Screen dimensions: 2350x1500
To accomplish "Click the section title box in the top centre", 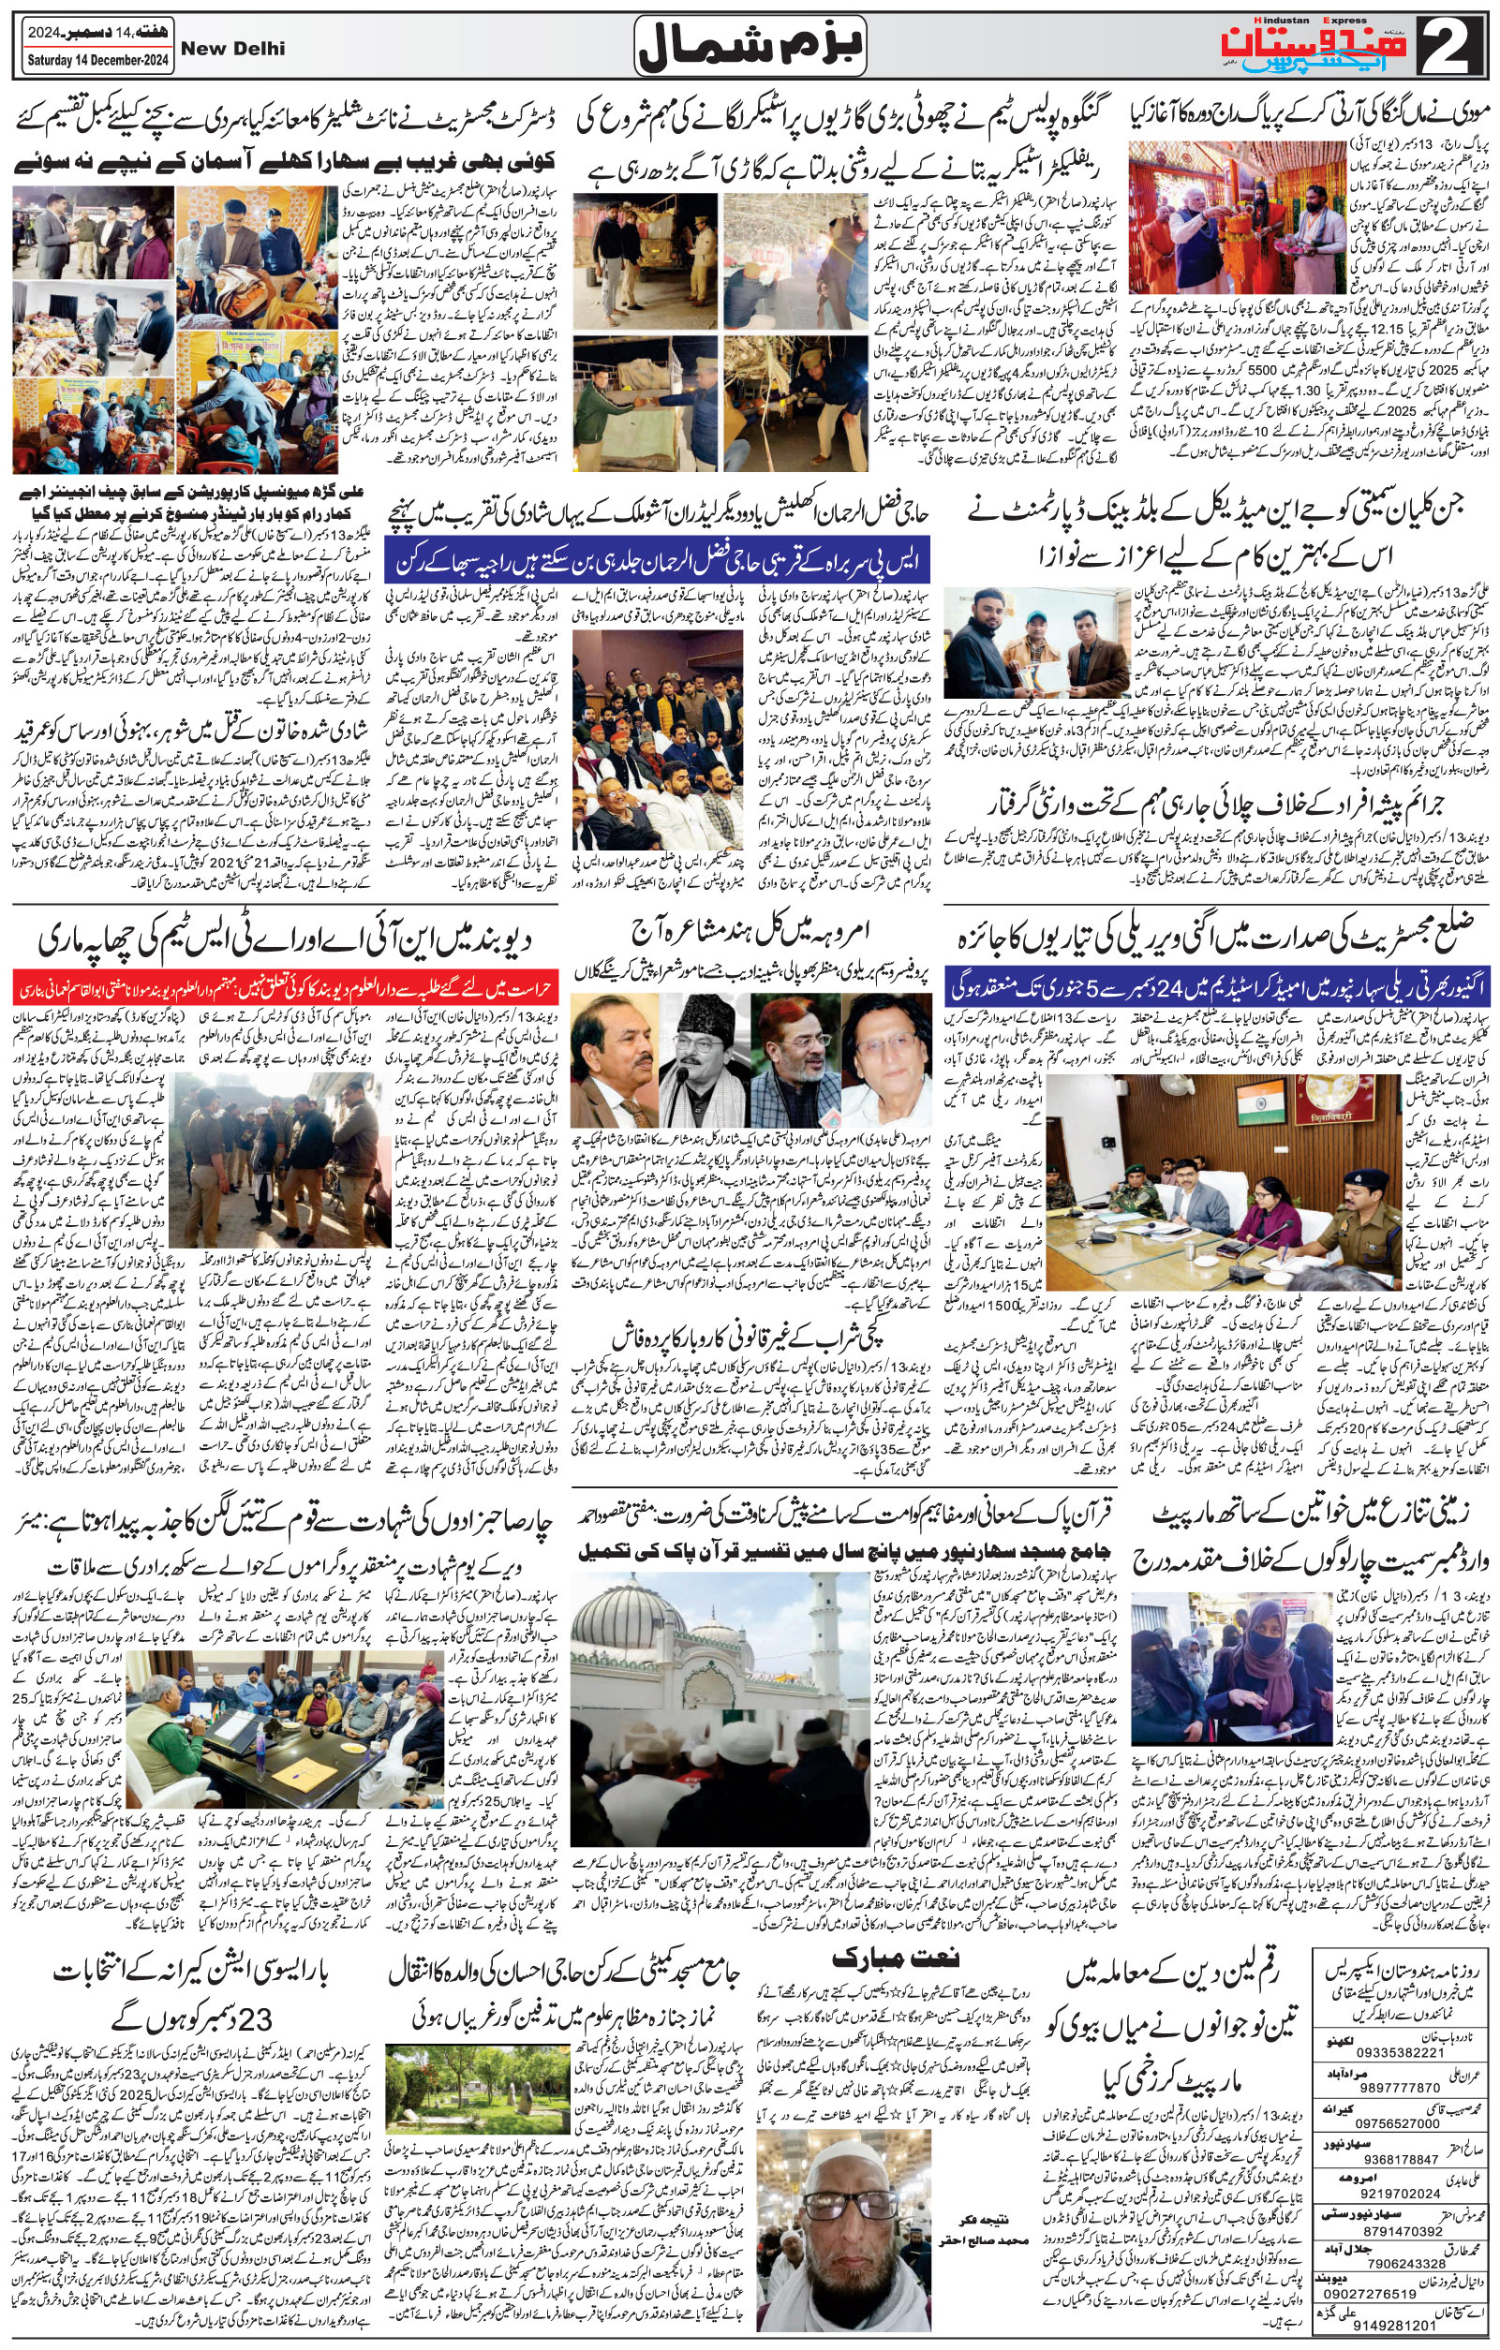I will pyautogui.click(x=751, y=46).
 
